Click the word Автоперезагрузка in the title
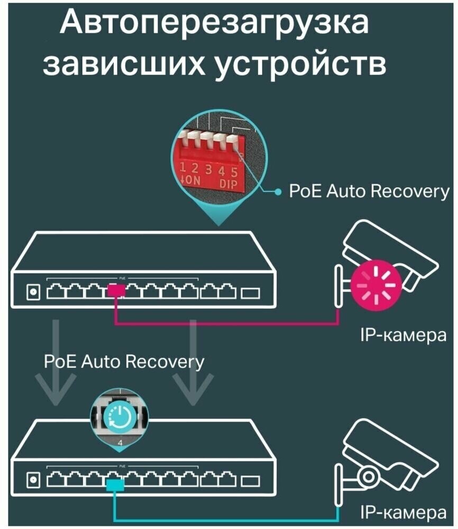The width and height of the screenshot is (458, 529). coord(214,25)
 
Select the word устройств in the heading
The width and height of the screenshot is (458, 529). coord(297,66)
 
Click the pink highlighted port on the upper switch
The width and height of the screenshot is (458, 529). coord(116,290)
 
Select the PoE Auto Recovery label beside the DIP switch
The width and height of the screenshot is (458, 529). coord(369,191)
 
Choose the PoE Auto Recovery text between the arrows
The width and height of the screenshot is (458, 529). coord(124,362)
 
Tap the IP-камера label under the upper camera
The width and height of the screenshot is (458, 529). coord(404,334)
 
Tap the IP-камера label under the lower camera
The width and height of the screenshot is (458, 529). coord(404,513)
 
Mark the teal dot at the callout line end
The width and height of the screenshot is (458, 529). coord(279,192)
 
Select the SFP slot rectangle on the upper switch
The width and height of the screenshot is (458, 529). coord(251,292)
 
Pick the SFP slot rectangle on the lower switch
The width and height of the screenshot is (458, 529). coord(251,481)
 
